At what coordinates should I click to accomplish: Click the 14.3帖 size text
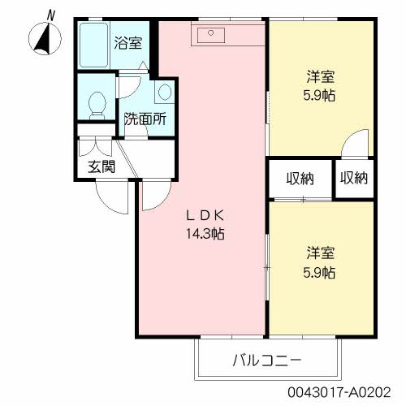coord(205,234)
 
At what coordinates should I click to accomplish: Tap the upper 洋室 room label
coord(321,78)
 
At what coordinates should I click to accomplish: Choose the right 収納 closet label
coord(354,179)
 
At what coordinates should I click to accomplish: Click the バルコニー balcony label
coord(266,358)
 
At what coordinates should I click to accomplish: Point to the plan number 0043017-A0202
coord(344,391)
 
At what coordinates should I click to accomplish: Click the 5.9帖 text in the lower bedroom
coord(321,273)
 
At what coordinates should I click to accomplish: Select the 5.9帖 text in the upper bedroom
coord(321,96)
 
